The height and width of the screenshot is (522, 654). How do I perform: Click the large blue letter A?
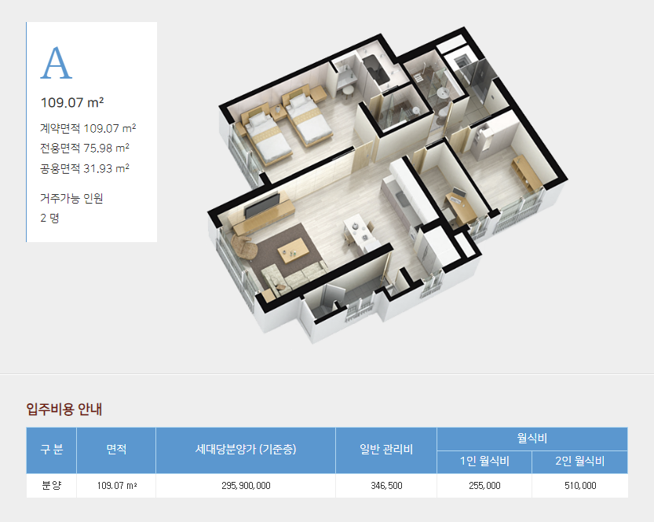coord(57,63)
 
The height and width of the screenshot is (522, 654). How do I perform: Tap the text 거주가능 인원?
coord(71,198)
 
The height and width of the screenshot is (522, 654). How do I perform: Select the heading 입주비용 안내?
coord(64,409)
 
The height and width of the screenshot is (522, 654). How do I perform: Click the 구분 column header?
coord(52,450)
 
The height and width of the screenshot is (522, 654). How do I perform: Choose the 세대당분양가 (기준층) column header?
coord(246,450)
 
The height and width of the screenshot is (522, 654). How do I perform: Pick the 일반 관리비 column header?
coord(386,450)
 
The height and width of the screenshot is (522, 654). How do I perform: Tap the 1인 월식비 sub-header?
coord(484,461)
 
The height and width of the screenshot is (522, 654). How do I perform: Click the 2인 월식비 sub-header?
coord(579,461)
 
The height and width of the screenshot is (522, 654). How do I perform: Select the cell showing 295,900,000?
coord(246,486)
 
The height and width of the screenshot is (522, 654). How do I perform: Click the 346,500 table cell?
coord(386,486)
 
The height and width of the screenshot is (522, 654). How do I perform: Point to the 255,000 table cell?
coord(484,486)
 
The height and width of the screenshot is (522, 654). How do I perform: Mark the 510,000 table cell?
coord(580,486)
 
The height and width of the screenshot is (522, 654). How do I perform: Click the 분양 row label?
coord(52,486)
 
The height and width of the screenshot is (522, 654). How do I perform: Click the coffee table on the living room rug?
coord(294,251)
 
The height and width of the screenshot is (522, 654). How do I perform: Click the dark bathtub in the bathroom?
coord(375,70)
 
